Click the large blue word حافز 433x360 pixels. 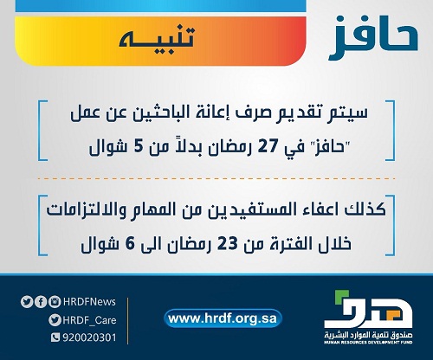point(373,38)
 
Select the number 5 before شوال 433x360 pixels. point(138,147)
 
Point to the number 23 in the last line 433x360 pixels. point(227,244)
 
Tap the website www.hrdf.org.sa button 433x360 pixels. point(223,318)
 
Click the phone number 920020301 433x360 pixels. point(89,337)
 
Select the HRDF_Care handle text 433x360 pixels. point(89,320)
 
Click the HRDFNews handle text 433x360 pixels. point(89,302)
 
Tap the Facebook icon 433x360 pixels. point(41,302)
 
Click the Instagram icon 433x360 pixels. point(55,302)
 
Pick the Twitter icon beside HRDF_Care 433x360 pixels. point(55,320)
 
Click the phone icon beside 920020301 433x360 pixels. point(55,337)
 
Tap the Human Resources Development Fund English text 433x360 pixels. point(368,342)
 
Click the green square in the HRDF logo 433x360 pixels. point(340,297)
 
